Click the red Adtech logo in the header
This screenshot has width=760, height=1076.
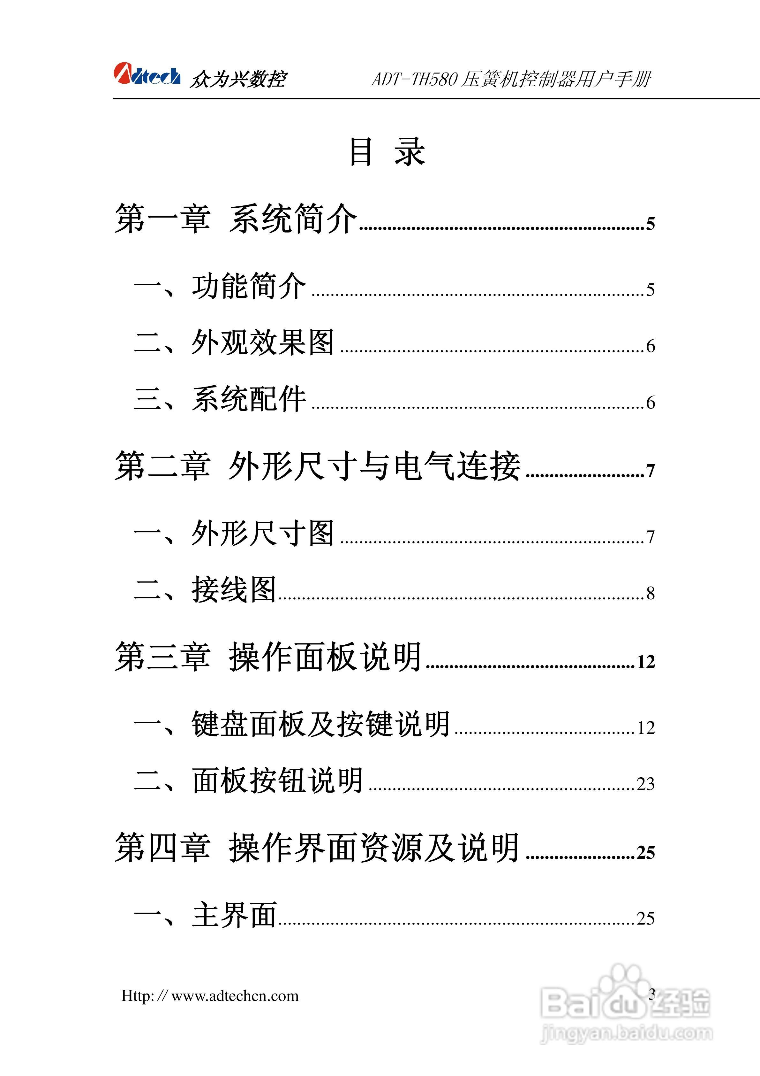[x=147, y=74]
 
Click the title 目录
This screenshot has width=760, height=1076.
[x=387, y=152]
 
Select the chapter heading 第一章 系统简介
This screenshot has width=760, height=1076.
[x=236, y=219]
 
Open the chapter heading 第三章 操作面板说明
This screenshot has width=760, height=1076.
[x=268, y=657]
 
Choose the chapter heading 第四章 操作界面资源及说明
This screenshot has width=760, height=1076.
[x=317, y=848]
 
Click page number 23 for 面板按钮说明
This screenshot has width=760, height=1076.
[x=645, y=784]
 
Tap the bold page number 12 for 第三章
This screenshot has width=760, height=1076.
[x=645, y=662]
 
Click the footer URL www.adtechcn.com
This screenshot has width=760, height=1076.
[x=235, y=996]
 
